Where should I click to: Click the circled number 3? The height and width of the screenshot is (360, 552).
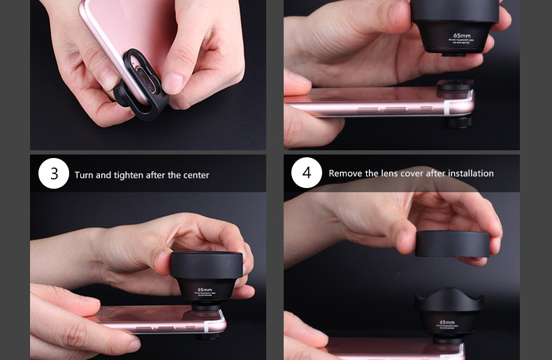[x=54, y=173]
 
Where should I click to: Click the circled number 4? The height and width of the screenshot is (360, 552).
[x=306, y=173]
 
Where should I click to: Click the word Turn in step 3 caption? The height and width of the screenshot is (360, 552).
[x=84, y=175]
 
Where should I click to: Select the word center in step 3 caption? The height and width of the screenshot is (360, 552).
[x=195, y=175]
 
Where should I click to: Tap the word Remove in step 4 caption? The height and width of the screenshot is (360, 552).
[x=345, y=173]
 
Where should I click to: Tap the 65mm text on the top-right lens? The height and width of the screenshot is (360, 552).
[x=462, y=36]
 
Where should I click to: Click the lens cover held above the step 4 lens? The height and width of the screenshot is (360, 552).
[x=453, y=243]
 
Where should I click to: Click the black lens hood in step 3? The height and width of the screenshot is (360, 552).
[x=206, y=266]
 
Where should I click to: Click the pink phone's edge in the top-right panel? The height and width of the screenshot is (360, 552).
[x=370, y=108]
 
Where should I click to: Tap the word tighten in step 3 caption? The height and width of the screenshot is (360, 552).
[x=124, y=175]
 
